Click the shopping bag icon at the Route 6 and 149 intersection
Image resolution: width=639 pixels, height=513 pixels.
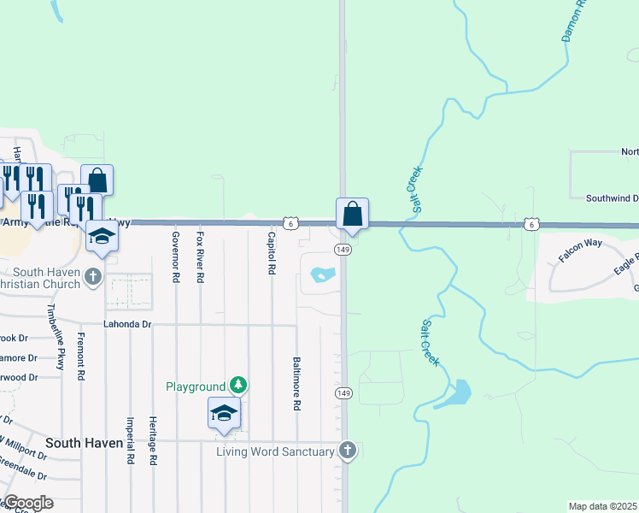pyautogui.click(x=352, y=215)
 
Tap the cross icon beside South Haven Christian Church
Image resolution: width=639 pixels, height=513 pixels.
pyautogui.click(x=93, y=276)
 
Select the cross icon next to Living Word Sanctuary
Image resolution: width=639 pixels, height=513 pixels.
pyautogui.click(x=347, y=450)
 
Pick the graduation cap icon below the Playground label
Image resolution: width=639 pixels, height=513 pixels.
pyautogui.click(x=225, y=413)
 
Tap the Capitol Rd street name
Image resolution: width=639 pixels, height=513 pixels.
pyautogui.click(x=272, y=252)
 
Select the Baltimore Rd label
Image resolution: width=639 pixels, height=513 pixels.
pyautogui.click(x=296, y=384)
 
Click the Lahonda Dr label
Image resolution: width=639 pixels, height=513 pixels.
pyautogui.click(x=127, y=325)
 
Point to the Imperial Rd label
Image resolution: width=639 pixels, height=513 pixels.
pyautogui.click(x=130, y=440)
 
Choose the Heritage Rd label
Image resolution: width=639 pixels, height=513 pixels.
pyautogui.click(x=153, y=441)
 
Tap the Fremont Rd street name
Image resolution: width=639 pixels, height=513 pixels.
pyautogui.click(x=80, y=357)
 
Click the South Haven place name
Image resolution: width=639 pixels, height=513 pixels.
pyautogui.click(x=85, y=443)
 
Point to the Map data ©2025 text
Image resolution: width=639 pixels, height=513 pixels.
pyautogui.click(x=602, y=506)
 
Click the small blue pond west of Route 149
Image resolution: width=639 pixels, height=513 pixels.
pyautogui.click(x=322, y=274)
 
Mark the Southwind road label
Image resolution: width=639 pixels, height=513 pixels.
pyautogui.click(x=611, y=198)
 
